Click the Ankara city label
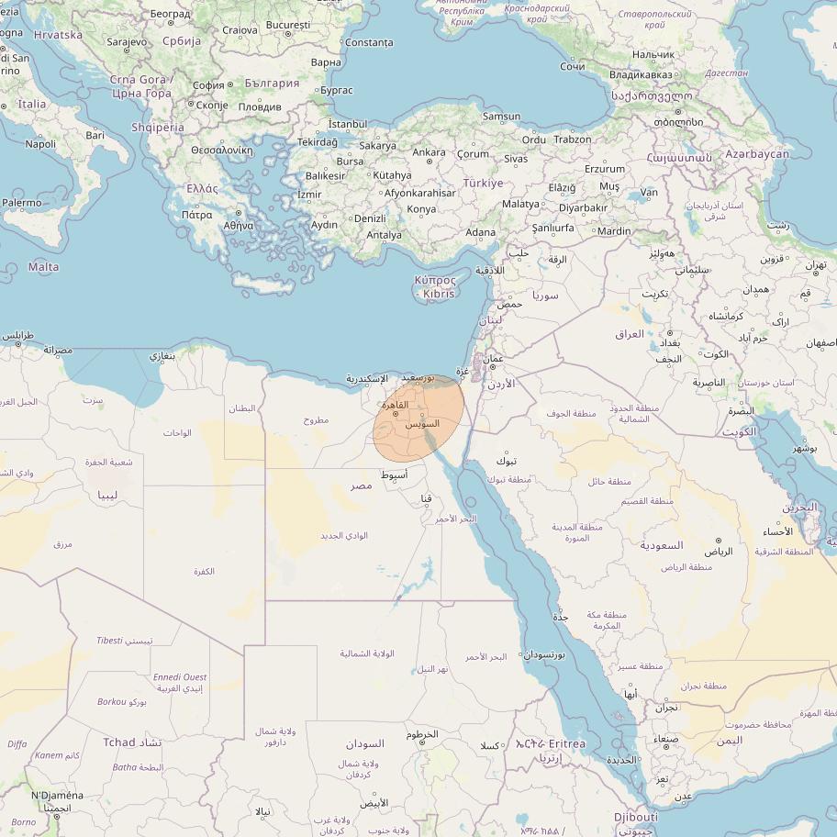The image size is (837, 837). [x=429, y=152]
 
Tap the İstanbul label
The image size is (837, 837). [x=347, y=124]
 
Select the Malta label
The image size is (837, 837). [x=43, y=267]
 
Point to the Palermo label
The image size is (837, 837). [x=21, y=203]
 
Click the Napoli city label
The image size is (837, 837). [x=40, y=144]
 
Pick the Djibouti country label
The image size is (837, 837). [x=635, y=817]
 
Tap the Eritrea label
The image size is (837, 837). [x=566, y=743]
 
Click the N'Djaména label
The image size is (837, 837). [x=57, y=796]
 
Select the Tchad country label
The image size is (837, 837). [x=119, y=742]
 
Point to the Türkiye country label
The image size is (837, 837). [x=483, y=183]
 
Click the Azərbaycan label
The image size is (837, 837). [x=756, y=154]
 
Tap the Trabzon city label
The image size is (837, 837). [x=573, y=139]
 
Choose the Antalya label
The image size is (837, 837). [x=384, y=235]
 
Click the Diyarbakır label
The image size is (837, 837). [x=583, y=207]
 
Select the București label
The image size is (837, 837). [x=287, y=25]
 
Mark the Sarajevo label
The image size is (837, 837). [x=126, y=42]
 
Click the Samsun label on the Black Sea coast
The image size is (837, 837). [x=501, y=117]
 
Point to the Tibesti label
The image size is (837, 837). [x=109, y=640]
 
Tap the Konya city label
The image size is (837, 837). [x=421, y=209]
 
